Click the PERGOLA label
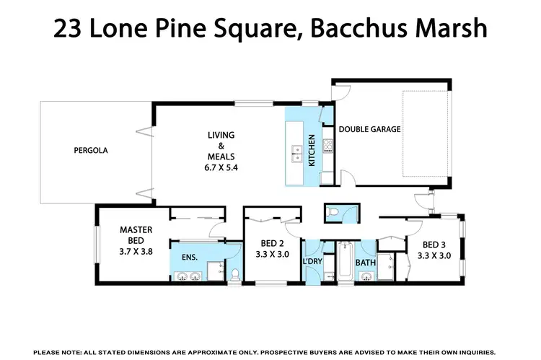[x=91, y=151]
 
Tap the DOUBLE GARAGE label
[x=369, y=130]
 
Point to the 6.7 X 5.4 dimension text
[x=222, y=167]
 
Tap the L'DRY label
[x=313, y=261]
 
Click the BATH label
[x=365, y=263]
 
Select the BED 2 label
[x=271, y=244]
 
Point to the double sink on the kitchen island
[x=296, y=152]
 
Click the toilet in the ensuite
[x=234, y=273]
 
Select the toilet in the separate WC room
[x=333, y=211]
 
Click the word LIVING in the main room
[x=221, y=135]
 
